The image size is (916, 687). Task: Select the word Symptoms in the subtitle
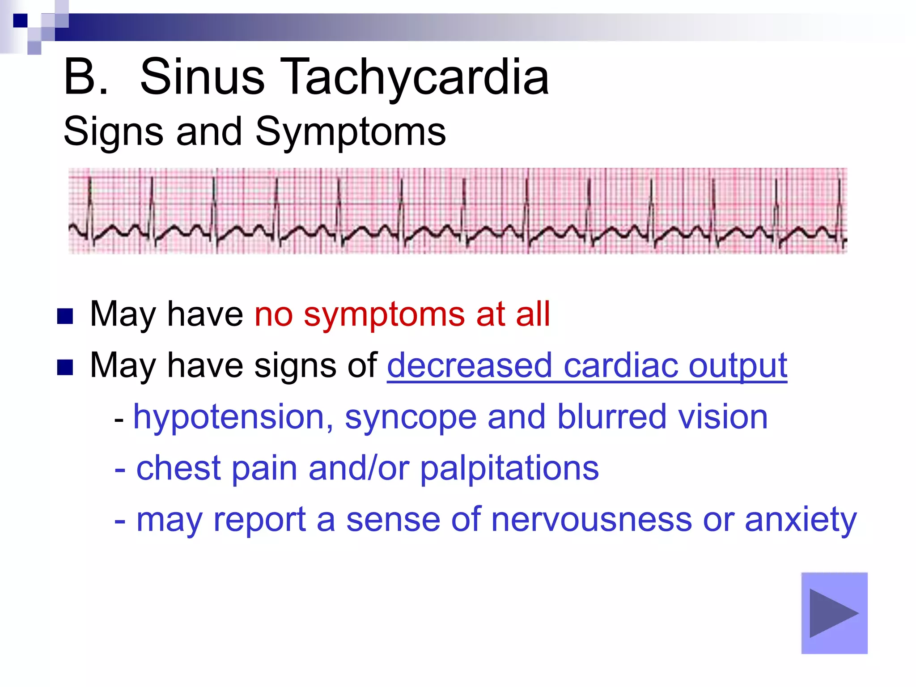click(x=351, y=131)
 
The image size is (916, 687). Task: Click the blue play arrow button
click(x=834, y=613)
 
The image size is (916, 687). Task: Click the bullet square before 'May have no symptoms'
click(x=65, y=316)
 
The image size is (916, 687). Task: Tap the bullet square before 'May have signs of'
click(x=65, y=368)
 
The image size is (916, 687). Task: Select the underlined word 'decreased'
click(x=469, y=365)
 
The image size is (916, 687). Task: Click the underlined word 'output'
click(x=738, y=365)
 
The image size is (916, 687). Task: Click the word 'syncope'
click(x=411, y=417)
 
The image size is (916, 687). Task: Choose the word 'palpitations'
click(x=509, y=468)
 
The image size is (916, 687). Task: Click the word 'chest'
click(x=179, y=468)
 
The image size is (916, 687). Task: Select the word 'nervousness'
click(x=591, y=520)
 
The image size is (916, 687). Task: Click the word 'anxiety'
click(x=801, y=520)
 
